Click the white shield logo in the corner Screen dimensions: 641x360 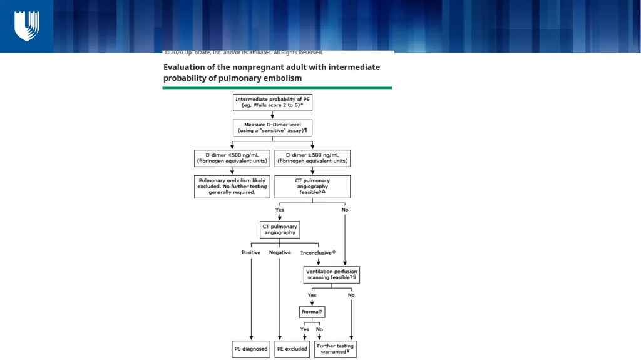point(26,26)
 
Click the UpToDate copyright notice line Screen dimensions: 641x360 point(244,53)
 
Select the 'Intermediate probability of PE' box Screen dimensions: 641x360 point(273,102)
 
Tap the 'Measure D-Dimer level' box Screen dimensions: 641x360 point(273,128)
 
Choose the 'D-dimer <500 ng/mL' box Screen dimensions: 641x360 point(232,158)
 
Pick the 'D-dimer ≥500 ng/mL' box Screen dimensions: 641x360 point(312,158)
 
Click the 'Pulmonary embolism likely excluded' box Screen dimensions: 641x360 point(232,187)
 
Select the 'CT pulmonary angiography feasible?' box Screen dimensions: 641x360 point(312,187)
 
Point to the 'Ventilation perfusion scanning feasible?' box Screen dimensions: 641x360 point(332,274)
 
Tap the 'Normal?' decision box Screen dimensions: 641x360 point(312,312)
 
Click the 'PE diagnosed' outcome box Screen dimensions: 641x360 point(251,349)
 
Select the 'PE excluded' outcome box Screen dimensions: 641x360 point(292,349)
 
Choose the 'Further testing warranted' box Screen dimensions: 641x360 point(336,349)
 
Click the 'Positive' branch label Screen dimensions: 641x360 point(251,252)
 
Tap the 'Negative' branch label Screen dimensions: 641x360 point(280,252)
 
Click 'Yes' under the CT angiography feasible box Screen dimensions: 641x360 point(280,210)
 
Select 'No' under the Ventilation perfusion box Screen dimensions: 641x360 point(351,295)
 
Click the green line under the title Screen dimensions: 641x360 point(277,88)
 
